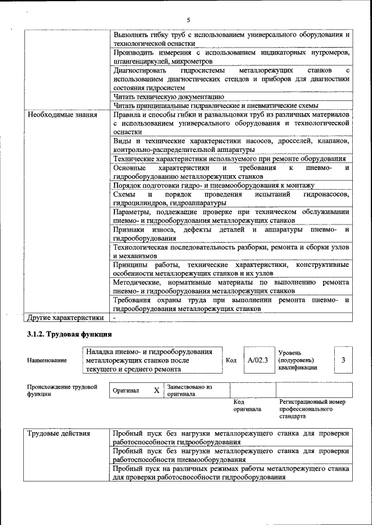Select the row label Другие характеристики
tap(66, 317)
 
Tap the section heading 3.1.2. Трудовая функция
tap(69, 335)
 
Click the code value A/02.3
tap(257, 360)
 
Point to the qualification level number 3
tap(343, 360)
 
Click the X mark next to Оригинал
tap(156, 390)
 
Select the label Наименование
tap(46, 360)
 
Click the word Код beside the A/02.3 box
tap(231, 360)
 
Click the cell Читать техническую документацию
tap(169, 96)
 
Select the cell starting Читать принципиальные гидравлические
tap(216, 105)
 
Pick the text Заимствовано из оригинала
tap(190, 390)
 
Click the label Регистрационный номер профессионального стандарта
tap(312, 408)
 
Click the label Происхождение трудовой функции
tap(62, 390)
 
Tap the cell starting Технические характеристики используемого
tap(230, 158)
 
